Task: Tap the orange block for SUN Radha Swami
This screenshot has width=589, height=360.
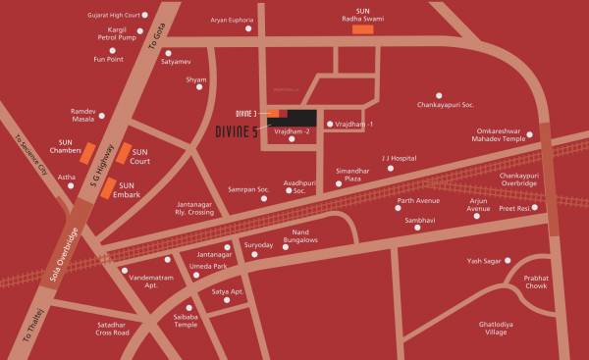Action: coord(364,30)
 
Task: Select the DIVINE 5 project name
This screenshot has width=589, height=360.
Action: coord(237,132)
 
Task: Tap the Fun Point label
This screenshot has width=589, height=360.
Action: coord(108,59)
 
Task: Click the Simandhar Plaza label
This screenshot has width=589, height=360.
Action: coord(351,175)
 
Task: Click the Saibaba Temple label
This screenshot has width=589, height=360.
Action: coord(187,320)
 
